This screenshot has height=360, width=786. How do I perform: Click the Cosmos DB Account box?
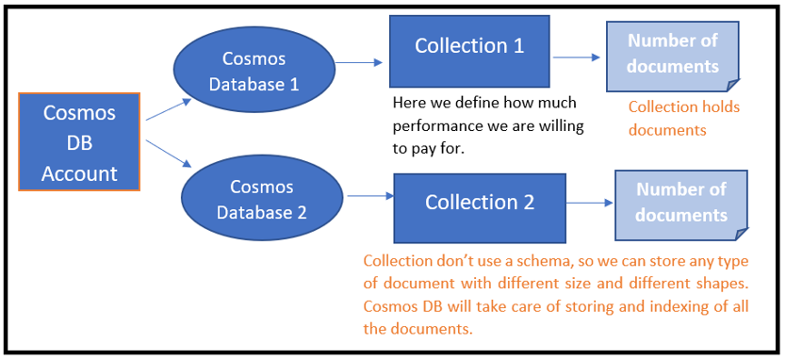tap(79, 142)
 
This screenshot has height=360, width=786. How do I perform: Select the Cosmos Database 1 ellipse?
tap(254, 71)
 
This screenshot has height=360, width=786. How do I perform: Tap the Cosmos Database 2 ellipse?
tap(261, 199)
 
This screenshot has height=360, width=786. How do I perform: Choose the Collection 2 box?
tap(480, 202)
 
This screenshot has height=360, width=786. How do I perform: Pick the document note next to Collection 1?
tap(672, 54)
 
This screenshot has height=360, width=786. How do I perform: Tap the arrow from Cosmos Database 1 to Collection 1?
tap(361, 62)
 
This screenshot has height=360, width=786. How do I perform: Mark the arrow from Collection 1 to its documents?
tap(576, 57)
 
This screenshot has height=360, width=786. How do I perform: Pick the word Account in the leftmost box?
tap(79, 173)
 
